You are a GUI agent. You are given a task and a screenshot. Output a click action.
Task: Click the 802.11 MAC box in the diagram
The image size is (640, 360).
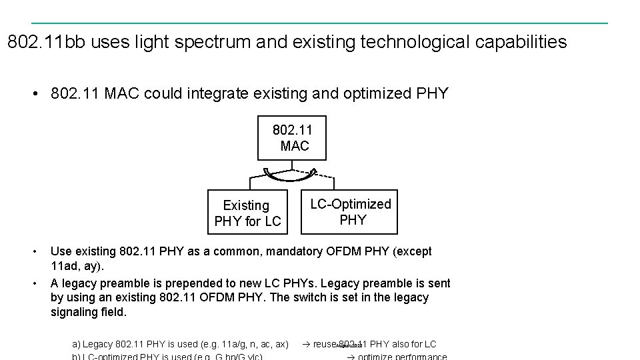click(292, 137)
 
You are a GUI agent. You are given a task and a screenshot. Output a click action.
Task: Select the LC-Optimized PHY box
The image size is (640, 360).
click(349, 213)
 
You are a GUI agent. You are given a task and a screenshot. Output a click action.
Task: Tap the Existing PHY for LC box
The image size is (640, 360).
click(247, 213)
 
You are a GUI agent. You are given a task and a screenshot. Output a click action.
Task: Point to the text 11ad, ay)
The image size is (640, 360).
click(78, 267)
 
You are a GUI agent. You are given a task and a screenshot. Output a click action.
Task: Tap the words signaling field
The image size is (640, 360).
click(89, 312)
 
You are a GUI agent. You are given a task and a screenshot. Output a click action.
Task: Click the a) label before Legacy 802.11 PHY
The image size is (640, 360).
click(76, 344)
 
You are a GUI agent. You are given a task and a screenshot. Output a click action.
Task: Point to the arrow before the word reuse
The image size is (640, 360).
click(307, 344)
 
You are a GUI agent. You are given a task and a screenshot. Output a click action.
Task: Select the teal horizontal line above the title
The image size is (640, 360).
click(320, 23)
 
